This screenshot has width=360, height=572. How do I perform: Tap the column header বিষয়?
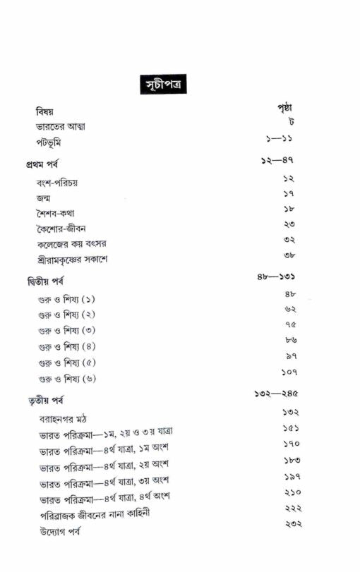[x=45, y=112]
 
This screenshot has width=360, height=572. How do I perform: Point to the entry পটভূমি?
[x=51, y=143]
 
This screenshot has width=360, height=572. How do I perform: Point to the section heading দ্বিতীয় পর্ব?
[x=43, y=281]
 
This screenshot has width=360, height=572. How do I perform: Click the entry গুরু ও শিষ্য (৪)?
[x=67, y=346]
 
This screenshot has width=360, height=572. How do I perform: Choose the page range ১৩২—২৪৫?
[x=277, y=394]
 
